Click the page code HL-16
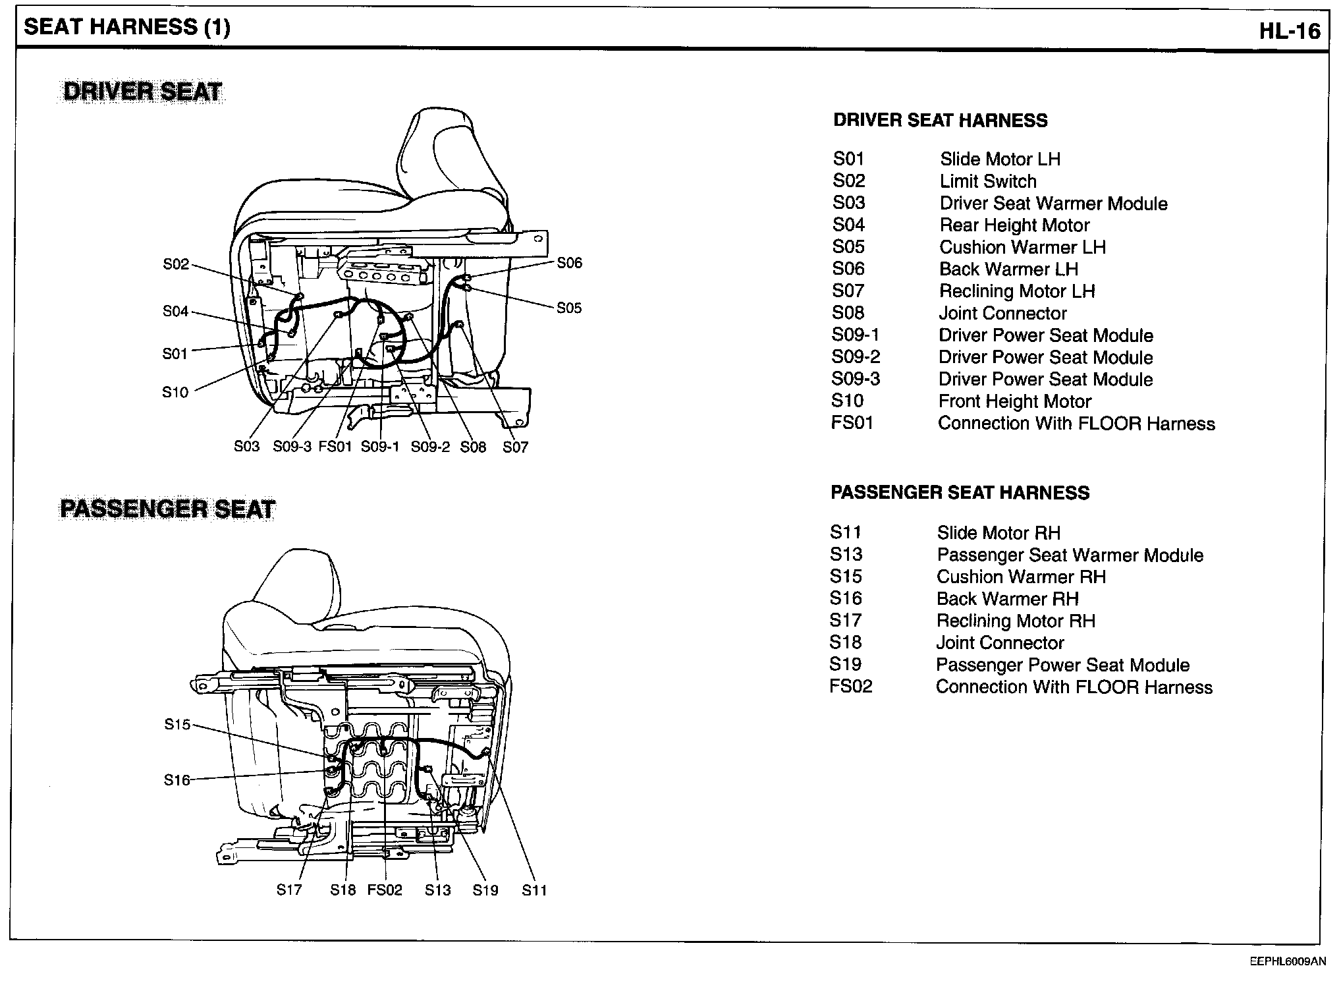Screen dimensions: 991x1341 point(1290,31)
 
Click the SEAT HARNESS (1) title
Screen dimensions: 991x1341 point(127,27)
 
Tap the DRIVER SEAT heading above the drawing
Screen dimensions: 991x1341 point(142,92)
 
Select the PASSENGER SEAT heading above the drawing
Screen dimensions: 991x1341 point(167,509)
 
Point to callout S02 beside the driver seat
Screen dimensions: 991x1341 point(176,264)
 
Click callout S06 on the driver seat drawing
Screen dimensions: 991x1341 point(569,263)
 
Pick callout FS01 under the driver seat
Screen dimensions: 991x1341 point(335,447)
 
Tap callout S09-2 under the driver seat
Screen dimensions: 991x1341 point(430,447)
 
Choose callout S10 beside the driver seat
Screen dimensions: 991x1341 point(175,392)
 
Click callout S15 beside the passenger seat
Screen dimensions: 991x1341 point(177,725)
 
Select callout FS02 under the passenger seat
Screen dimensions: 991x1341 point(385,890)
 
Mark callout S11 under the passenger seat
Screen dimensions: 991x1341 point(534,890)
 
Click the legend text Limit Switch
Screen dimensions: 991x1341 point(988,181)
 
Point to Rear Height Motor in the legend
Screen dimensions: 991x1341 point(1014,225)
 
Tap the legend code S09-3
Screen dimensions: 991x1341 point(856,379)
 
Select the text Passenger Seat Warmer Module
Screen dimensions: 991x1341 point(1070,555)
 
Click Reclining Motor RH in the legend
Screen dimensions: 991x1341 point(1016,621)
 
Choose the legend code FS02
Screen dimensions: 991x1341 point(851,687)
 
